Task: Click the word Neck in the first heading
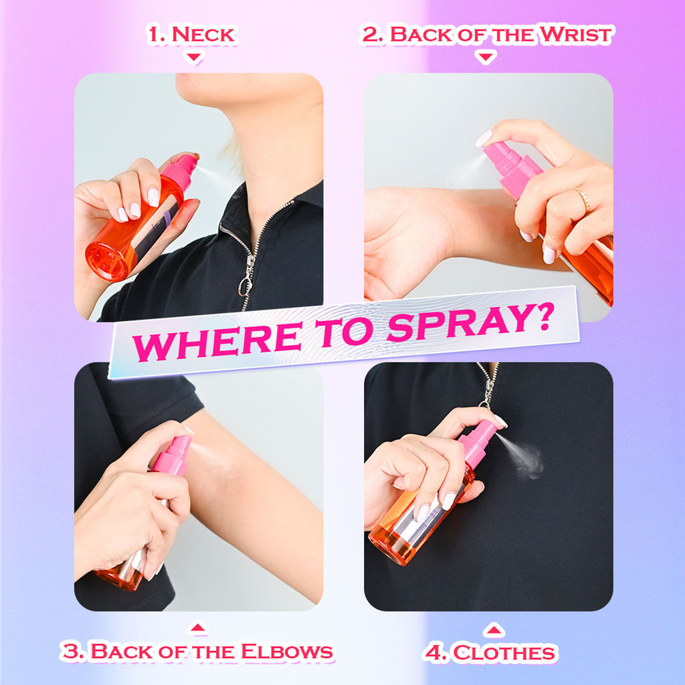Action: point(203,35)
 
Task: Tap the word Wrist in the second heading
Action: point(576,35)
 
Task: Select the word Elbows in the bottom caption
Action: point(287,652)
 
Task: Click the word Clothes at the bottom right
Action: point(505,654)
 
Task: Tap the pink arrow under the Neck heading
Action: point(193,58)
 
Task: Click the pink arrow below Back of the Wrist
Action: point(486,58)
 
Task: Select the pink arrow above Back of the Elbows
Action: point(197,627)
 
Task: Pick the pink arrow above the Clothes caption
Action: point(494,629)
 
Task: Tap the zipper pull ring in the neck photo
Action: point(246,286)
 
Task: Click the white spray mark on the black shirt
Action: point(530,462)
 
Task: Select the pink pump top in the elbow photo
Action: point(173,455)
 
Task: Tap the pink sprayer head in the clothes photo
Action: point(478,443)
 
